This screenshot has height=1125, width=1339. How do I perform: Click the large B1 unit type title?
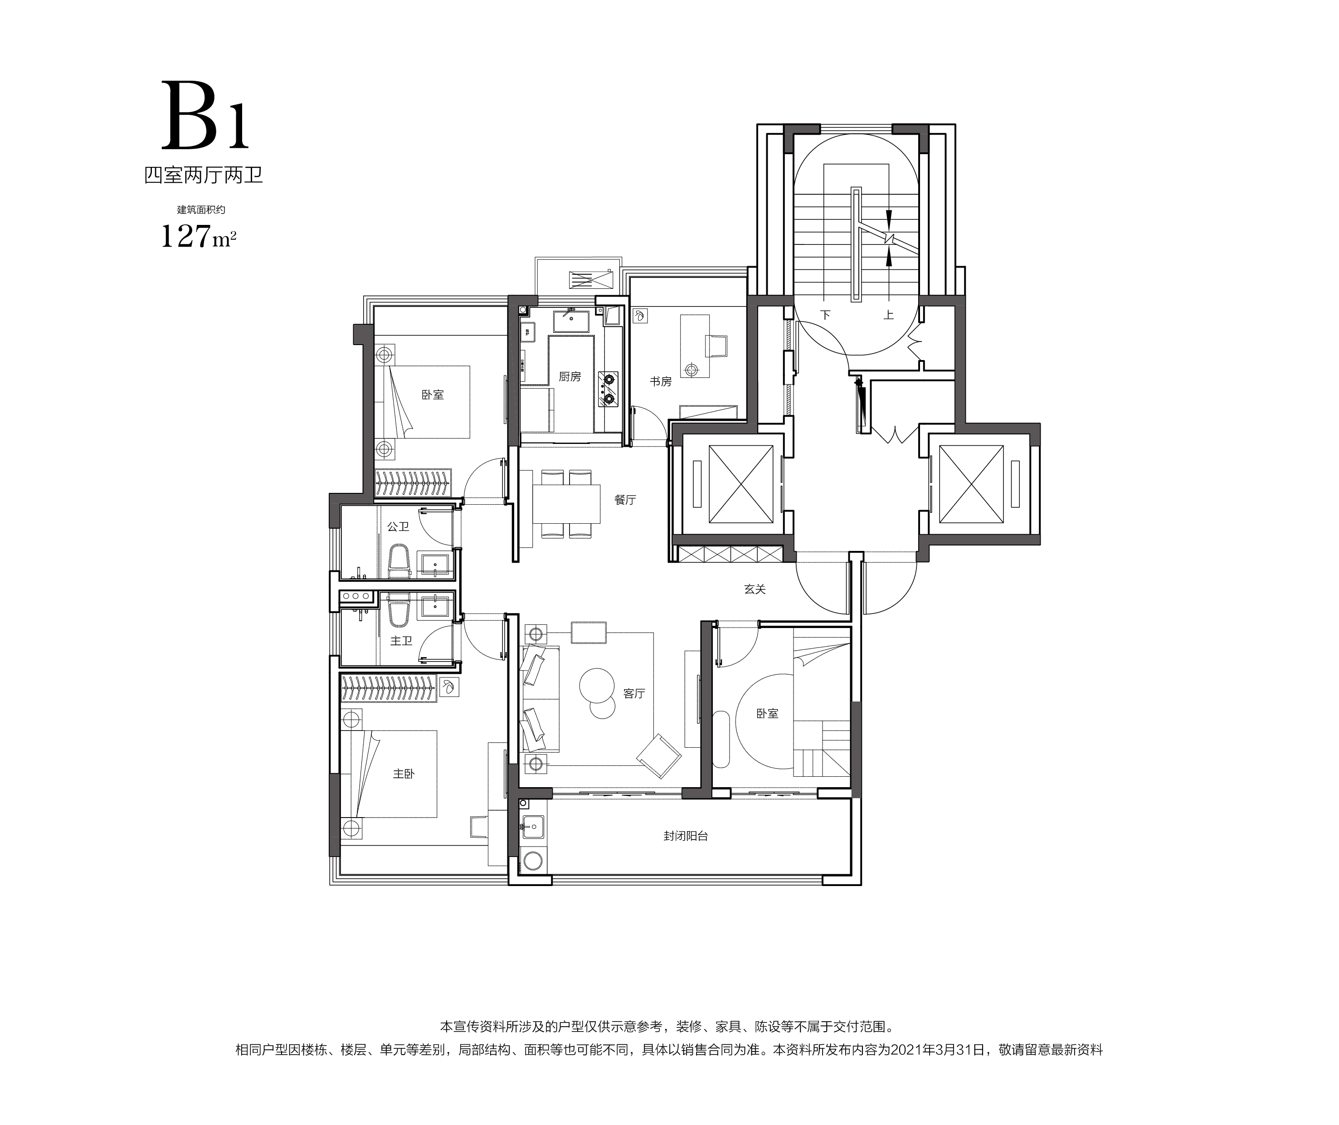(x=205, y=116)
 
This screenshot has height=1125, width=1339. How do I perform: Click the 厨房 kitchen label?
(x=570, y=377)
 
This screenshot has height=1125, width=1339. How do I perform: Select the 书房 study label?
(x=661, y=381)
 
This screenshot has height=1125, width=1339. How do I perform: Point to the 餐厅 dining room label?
(x=625, y=500)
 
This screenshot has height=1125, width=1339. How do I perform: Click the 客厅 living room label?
(x=634, y=693)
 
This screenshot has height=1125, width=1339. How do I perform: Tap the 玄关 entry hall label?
(x=755, y=589)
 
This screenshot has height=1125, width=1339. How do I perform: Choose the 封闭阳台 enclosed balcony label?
(x=686, y=836)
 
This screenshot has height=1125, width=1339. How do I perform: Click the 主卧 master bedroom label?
(x=404, y=774)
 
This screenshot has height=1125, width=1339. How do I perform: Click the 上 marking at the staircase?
(x=888, y=315)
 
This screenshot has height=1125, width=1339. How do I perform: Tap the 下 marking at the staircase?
(x=826, y=315)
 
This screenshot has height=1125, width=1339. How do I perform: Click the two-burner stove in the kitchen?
(x=609, y=389)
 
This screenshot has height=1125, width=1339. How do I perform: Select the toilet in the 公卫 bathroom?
(x=399, y=561)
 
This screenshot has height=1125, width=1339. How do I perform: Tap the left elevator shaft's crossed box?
(x=741, y=484)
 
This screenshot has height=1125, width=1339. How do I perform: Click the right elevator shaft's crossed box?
(x=971, y=484)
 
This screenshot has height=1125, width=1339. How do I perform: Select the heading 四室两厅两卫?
(x=204, y=175)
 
